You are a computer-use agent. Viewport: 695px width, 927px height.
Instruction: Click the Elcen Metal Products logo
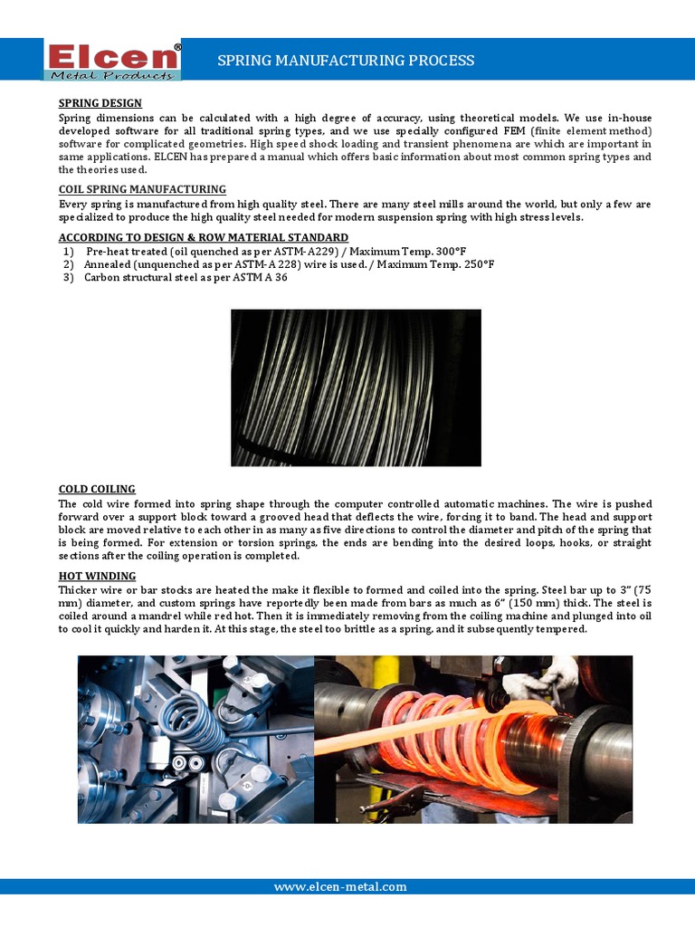coord(113,59)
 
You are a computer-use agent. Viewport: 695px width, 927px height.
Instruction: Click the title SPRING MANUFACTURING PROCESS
coord(346,61)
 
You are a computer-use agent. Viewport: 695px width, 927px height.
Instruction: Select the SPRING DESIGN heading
coord(100,103)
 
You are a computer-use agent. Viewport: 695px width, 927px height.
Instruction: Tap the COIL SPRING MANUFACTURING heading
coord(142,189)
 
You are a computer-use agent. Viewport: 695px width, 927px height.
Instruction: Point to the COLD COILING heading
coord(97,489)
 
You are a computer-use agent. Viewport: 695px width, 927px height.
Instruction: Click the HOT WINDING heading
coord(97,576)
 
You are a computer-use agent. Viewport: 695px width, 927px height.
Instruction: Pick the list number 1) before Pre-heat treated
coord(68,251)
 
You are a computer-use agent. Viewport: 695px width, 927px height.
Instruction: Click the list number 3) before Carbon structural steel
coord(68,277)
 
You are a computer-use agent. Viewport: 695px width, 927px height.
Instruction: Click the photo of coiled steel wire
coord(356,387)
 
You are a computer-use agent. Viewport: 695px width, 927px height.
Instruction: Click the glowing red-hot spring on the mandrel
coord(452,724)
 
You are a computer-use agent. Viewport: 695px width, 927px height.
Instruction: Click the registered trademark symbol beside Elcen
coord(176,46)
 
